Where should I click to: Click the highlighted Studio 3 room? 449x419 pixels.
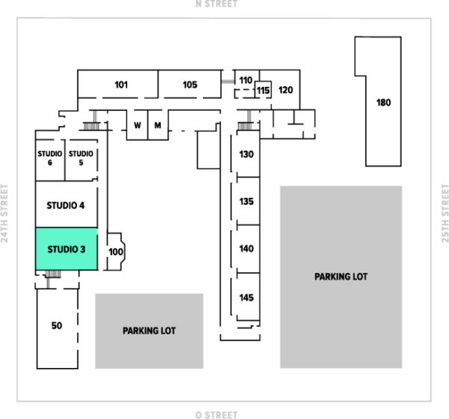[x=67, y=249]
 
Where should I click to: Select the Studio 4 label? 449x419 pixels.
[x=66, y=205]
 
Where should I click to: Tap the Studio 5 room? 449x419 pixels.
[x=82, y=160]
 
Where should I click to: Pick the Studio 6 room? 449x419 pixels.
[x=50, y=160]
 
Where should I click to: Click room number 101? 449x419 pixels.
[x=121, y=85]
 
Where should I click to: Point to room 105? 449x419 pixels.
[x=189, y=84]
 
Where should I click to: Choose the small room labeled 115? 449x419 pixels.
[x=263, y=90]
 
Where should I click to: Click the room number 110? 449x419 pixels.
[x=245, y=80]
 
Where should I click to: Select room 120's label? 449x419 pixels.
[x=286, y=90]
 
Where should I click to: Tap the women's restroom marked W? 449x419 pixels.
[x=138, y=125]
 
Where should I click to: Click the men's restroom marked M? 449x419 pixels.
[x=158, y=125]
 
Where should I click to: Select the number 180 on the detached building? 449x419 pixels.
[x=383, y=103]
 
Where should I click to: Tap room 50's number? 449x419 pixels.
[x=57, y=325]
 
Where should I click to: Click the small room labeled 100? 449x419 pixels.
[x=116, y=252]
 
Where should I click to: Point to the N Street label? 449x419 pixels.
[x=216, y=4]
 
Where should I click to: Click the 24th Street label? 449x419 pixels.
[x=4, y=213]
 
